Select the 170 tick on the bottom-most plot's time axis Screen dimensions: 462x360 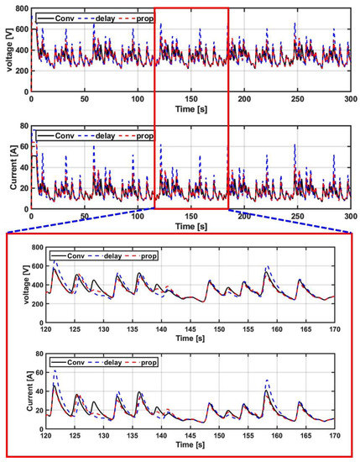pos(334,442)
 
